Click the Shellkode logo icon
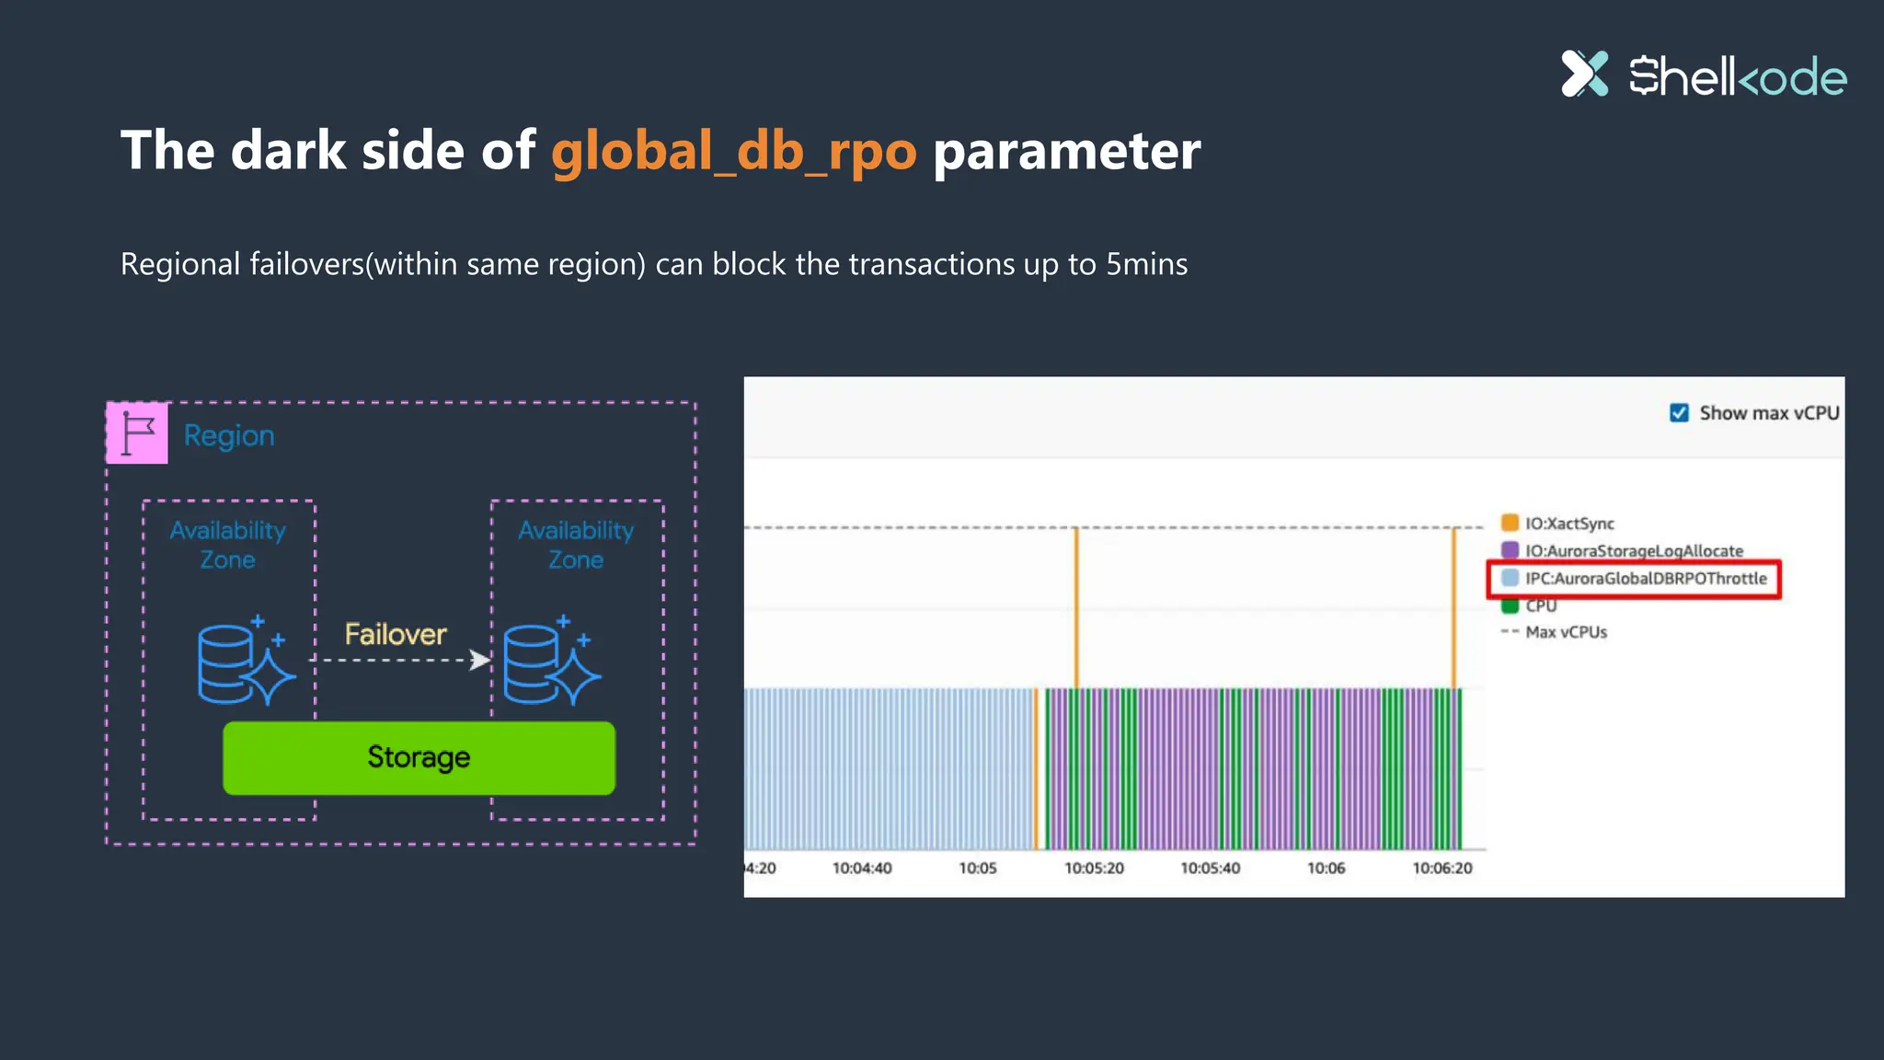click(x=1584, y=74)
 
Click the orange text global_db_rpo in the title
click(x=733, y=150)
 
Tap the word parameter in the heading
click(x=1066, y=150)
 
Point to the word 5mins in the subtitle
click(x=1146, y=264)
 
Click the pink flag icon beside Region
click(x=137, y=432)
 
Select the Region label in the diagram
click(x=229, y=435)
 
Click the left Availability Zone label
click(x=228, y=545)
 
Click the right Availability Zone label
click(x=576, y=545)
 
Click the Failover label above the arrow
click(x=396, y=634)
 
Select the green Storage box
click(x=419, y=757)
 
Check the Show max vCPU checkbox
click(x=1679, y=413)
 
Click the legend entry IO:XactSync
click(x=1568, y=524)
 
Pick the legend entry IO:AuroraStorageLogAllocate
click(x=1633, y=550)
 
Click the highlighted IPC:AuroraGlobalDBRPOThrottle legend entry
click(x=1645, y=579)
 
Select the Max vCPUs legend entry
click(x=1565, y=632)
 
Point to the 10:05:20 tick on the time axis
click(x=1094, y=868)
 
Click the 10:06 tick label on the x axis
click(x=1326, y=868)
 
